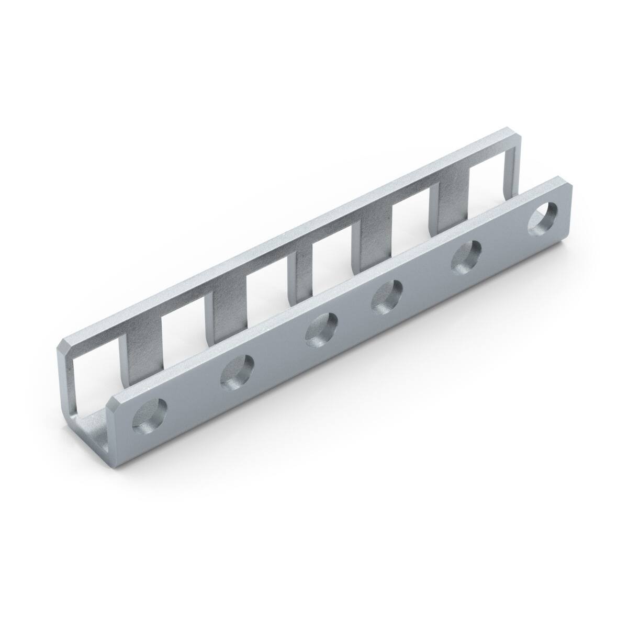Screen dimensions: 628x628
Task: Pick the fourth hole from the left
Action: click(387, 296)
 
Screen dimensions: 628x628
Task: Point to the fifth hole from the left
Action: click(467, 257)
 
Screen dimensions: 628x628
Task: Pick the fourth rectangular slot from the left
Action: click(335, 256)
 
